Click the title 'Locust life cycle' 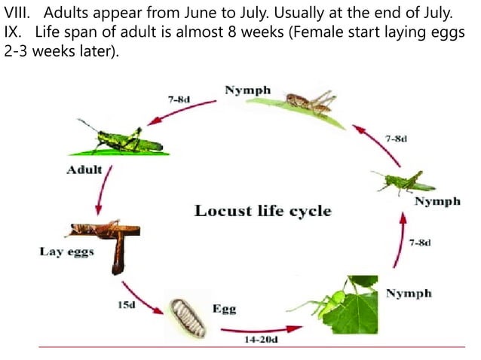262,210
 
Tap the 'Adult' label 84,169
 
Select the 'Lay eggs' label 67,251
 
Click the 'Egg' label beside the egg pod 225,309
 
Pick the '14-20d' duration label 261,340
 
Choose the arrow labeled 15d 142,297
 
